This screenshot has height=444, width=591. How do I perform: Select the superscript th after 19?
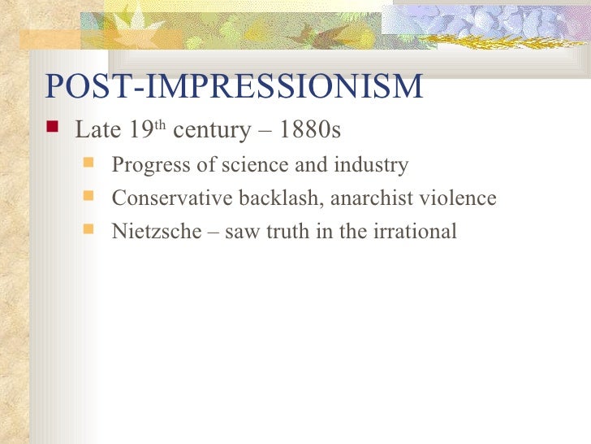point(160,125)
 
